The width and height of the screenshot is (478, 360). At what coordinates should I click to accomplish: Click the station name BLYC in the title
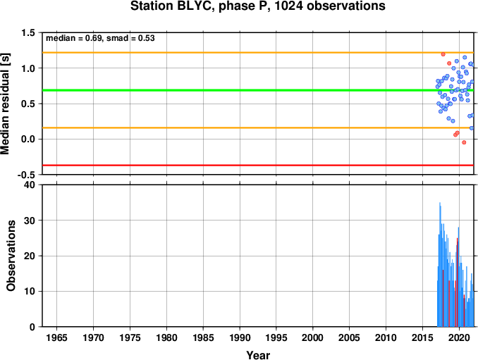[194, 6]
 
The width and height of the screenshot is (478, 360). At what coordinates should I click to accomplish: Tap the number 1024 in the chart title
[288, 6]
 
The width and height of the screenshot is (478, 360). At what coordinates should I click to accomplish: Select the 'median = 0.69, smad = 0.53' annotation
[100, 38]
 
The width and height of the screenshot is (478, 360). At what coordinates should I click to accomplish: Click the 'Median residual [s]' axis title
[5, 104]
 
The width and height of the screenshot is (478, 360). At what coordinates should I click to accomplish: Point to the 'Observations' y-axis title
[11, 256]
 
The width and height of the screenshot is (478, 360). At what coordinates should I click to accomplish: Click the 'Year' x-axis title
[258, 355]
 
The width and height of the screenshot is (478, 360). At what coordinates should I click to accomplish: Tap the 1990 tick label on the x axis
[240, 337]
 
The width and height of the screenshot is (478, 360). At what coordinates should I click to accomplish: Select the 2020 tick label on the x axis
[460, 337]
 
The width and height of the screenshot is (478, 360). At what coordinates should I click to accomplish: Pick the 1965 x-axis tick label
[56, 337]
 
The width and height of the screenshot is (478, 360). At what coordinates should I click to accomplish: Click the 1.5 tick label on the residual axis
[28, 32]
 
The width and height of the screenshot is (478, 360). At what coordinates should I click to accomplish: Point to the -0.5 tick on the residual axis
[26, 175]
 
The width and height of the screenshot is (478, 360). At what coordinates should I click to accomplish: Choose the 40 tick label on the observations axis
[30, 185]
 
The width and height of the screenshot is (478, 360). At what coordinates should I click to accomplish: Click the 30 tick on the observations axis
[30, 221]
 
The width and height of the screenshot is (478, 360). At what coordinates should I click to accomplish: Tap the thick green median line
[258, 90]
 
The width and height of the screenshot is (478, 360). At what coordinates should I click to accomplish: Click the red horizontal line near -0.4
[258, 166]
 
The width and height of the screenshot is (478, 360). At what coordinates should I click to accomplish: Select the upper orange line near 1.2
[258, 53]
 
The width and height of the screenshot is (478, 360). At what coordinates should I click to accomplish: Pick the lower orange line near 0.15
[258, 128]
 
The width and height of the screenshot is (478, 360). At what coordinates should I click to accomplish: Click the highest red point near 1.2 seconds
[443, 54]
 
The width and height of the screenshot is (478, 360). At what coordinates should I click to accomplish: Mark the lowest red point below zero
[464, 142]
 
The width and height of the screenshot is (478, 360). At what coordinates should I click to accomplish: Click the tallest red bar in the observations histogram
[457, 283]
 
